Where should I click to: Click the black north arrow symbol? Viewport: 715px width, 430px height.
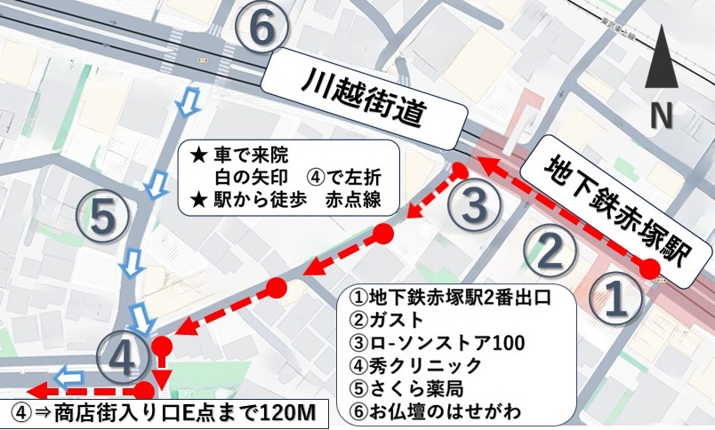tap(660, 60)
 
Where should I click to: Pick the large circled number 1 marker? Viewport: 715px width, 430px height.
tap(617, 301)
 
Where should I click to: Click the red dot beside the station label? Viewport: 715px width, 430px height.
tap(652, 269)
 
